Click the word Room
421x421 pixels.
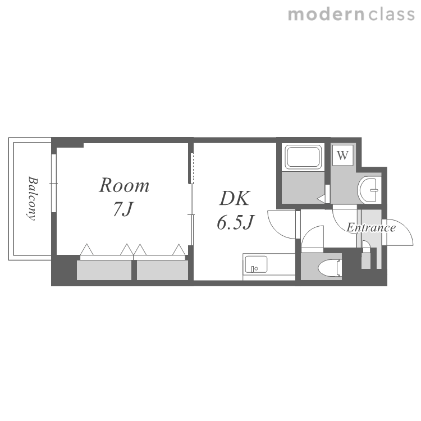124,185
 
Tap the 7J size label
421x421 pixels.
123,209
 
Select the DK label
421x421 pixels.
235,198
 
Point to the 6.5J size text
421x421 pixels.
235,222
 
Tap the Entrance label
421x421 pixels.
371,228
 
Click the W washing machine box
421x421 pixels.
342,155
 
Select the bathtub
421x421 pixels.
303,157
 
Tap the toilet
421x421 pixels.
330,268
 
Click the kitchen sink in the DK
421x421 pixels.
256,264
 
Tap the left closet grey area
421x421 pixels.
104,270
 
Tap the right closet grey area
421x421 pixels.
162,270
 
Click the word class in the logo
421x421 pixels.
391,15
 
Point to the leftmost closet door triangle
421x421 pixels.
86,250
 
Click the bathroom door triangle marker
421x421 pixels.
321,199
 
